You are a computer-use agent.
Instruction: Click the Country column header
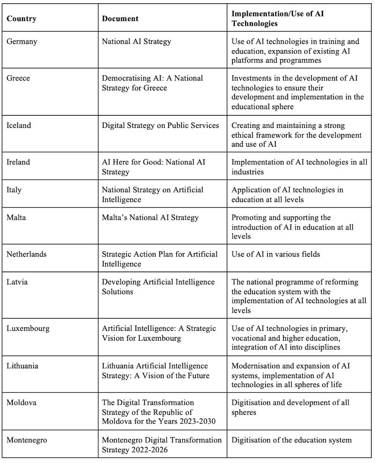[x=22, y=19]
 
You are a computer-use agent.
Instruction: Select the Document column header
[x=120, y=19]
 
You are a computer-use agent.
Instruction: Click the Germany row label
[x=22, y=41]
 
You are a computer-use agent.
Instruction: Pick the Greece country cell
[x=19, y=78]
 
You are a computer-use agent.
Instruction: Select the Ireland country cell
[x=19, y=162]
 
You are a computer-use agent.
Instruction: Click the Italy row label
[x=14, y=190]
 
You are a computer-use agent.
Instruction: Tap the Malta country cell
[x=16, y=217]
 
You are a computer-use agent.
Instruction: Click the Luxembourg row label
[x=28, y=328]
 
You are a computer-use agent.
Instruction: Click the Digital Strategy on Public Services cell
[x=160, y=125]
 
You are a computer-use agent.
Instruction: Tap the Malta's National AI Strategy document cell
[x=150, y=217]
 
